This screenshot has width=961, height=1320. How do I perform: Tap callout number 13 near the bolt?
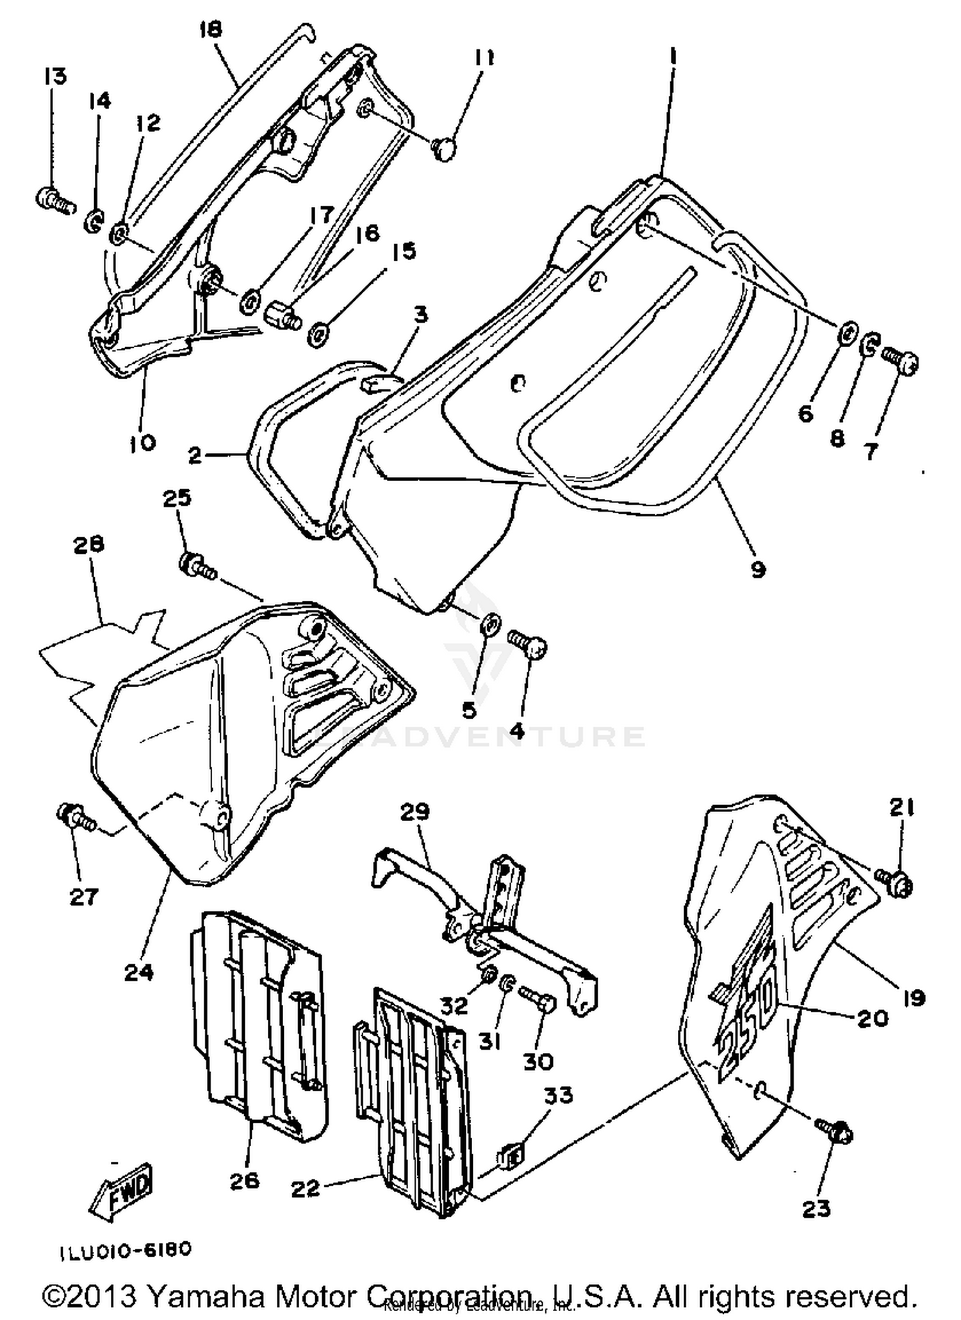[x=55, y=77]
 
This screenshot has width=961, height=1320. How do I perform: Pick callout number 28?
[x=89, y=545]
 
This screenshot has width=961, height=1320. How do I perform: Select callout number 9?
[x=758, y=569]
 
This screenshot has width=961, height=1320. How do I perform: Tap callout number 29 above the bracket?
[x=415, y=812]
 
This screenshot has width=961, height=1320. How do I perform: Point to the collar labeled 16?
[x=281, y=316]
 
